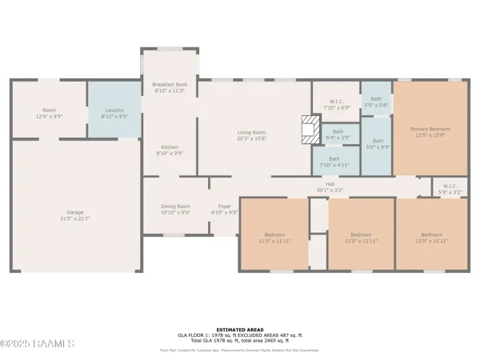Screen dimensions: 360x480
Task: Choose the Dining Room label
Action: click(175, 209)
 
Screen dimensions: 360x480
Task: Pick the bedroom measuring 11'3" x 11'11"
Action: click(274, 237)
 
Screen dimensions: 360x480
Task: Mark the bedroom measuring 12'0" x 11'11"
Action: click(430, 237)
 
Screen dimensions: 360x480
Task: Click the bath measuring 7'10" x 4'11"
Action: click(334, 162)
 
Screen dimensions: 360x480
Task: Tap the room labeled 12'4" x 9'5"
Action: click(48, 112)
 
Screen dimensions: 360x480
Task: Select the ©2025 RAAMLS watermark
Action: click(38, 344)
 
